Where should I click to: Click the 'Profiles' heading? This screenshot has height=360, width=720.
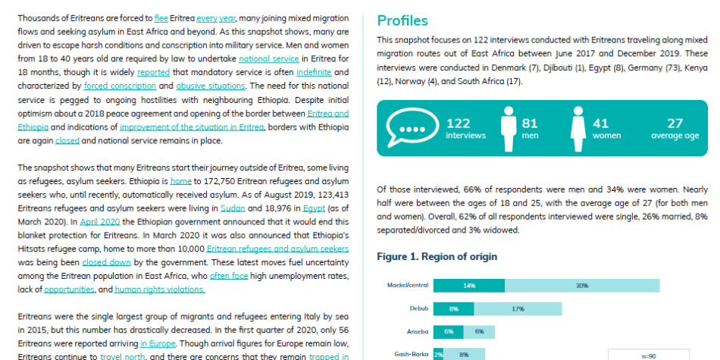402,20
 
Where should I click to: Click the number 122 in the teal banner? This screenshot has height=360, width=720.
459,124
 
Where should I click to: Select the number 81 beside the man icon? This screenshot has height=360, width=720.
530,124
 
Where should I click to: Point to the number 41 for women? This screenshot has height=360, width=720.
600,124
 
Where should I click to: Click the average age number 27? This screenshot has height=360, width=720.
675,124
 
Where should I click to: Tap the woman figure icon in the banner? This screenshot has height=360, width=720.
578,129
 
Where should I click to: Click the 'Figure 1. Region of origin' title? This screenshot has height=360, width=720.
437,257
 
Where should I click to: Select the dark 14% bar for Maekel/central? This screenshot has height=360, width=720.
469,286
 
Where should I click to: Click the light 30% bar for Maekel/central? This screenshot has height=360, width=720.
582,286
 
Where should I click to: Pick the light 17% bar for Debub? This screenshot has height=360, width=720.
518,309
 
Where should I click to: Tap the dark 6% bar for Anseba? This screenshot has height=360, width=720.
449,332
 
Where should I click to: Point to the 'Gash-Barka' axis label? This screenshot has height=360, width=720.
412,354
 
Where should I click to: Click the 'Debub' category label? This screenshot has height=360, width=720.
419,308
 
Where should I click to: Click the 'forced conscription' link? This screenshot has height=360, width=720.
120,86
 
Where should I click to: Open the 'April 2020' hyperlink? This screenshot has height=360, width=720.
100,222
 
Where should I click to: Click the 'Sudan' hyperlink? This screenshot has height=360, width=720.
233,208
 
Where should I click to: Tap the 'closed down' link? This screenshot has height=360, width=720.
107,263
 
